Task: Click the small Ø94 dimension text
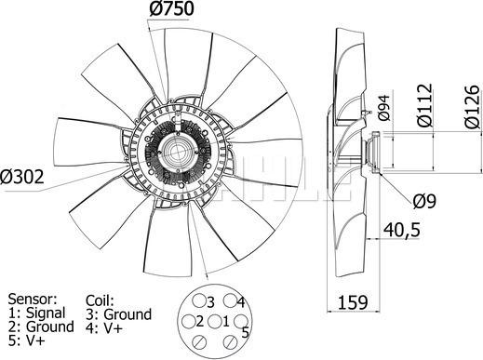382,112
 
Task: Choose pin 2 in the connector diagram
197,321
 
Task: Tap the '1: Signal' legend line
34,313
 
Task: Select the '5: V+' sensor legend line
24,341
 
